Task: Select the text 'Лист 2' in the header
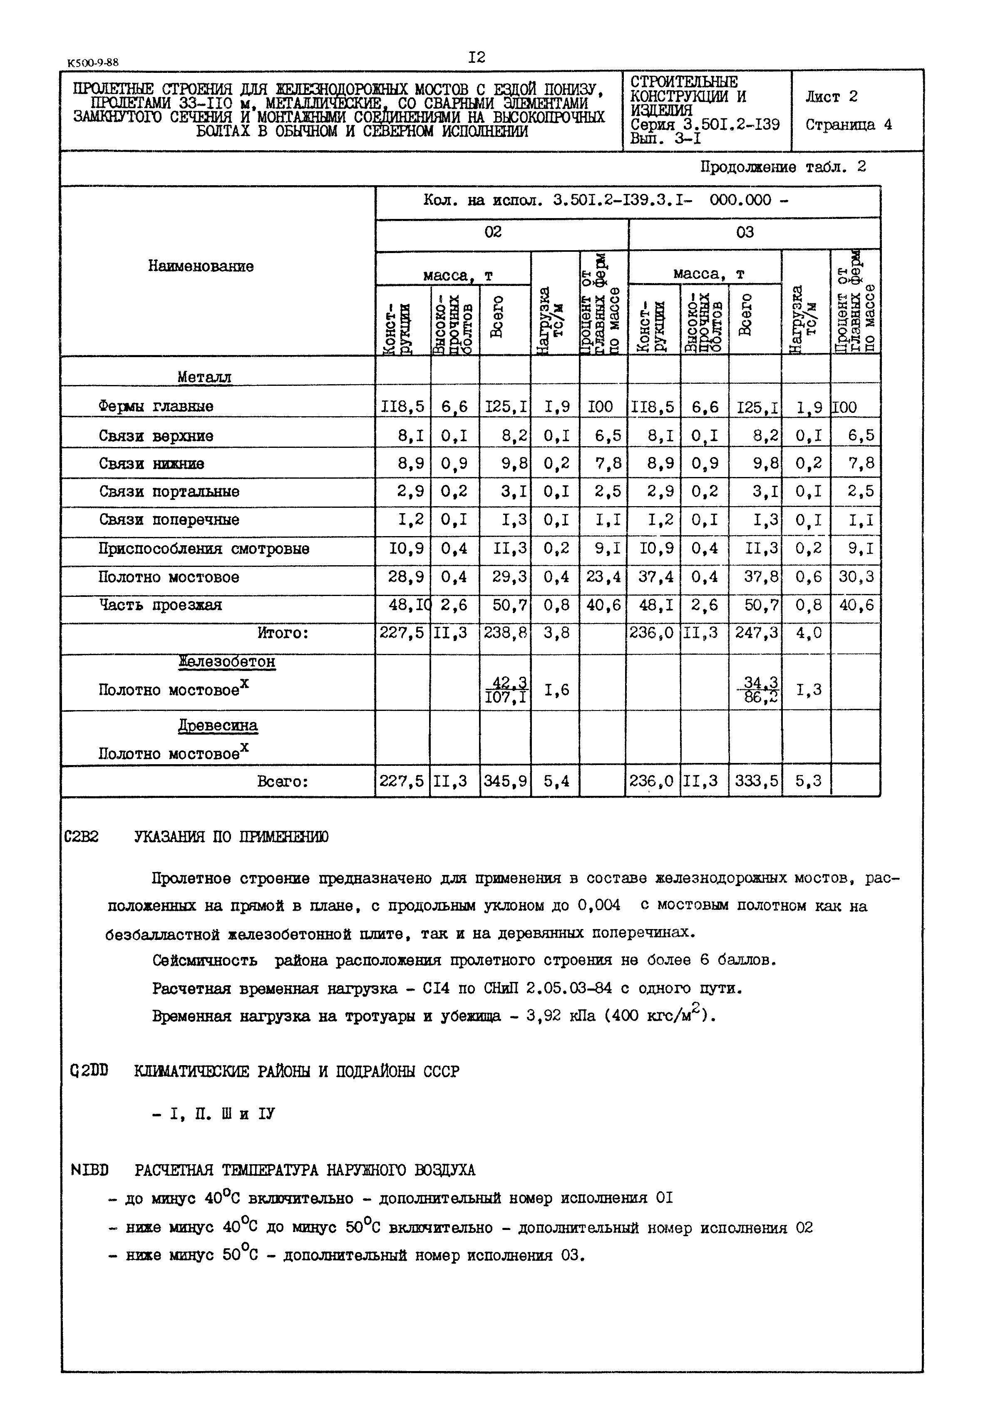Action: (831, 97)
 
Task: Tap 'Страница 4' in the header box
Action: (848, 124)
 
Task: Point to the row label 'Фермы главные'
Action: (156, 407)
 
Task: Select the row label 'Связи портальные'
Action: (169, 492)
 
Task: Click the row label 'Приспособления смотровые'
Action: (204, 549)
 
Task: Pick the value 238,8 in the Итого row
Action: (504, 633)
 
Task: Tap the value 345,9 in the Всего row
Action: (504, 782)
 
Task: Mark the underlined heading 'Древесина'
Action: (218, 725)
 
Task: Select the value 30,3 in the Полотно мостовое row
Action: (856, 577)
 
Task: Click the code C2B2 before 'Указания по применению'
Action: (82, 837)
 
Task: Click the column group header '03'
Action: (745, 233)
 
